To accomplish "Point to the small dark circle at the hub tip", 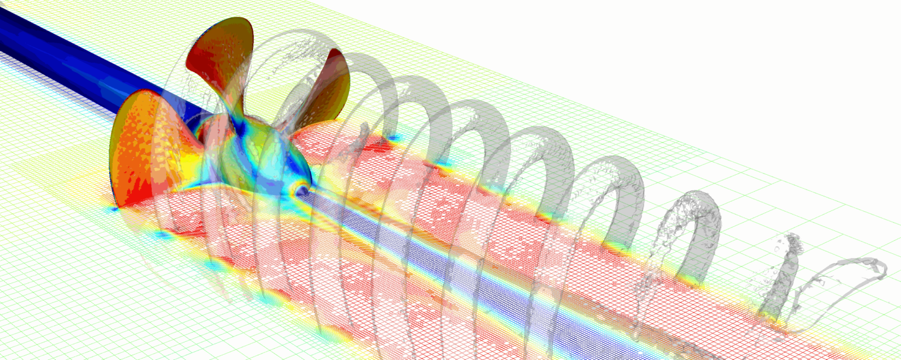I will (302, 191).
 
